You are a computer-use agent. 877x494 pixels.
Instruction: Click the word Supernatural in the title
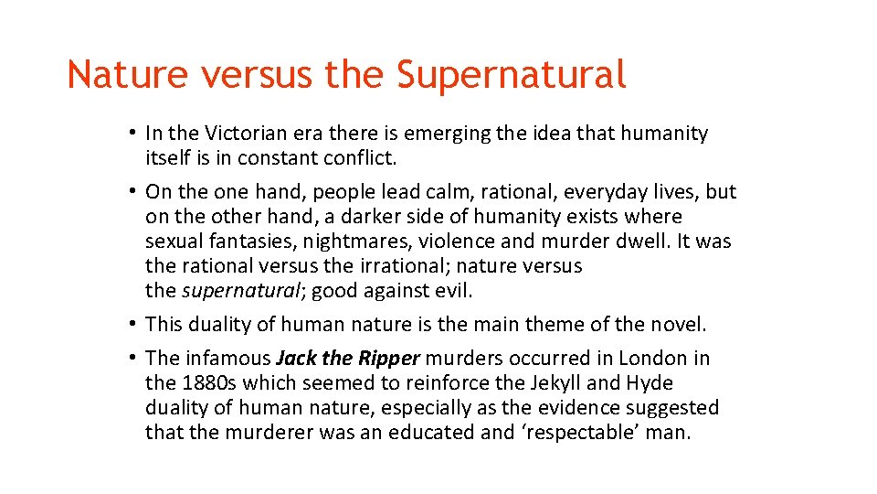click(x=512, y=74)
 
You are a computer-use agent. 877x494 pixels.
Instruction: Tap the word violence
click(x=448, y=242)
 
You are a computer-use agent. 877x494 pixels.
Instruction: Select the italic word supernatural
click(x=240, y=291)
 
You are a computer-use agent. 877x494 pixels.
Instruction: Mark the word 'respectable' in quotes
click(x=579, y=432)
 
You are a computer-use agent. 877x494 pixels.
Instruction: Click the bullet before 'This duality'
click(x=132, y=324)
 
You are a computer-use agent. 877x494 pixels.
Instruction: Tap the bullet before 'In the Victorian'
click(x=132, y=134)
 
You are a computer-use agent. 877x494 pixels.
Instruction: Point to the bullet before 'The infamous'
click(x=132, y=358)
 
